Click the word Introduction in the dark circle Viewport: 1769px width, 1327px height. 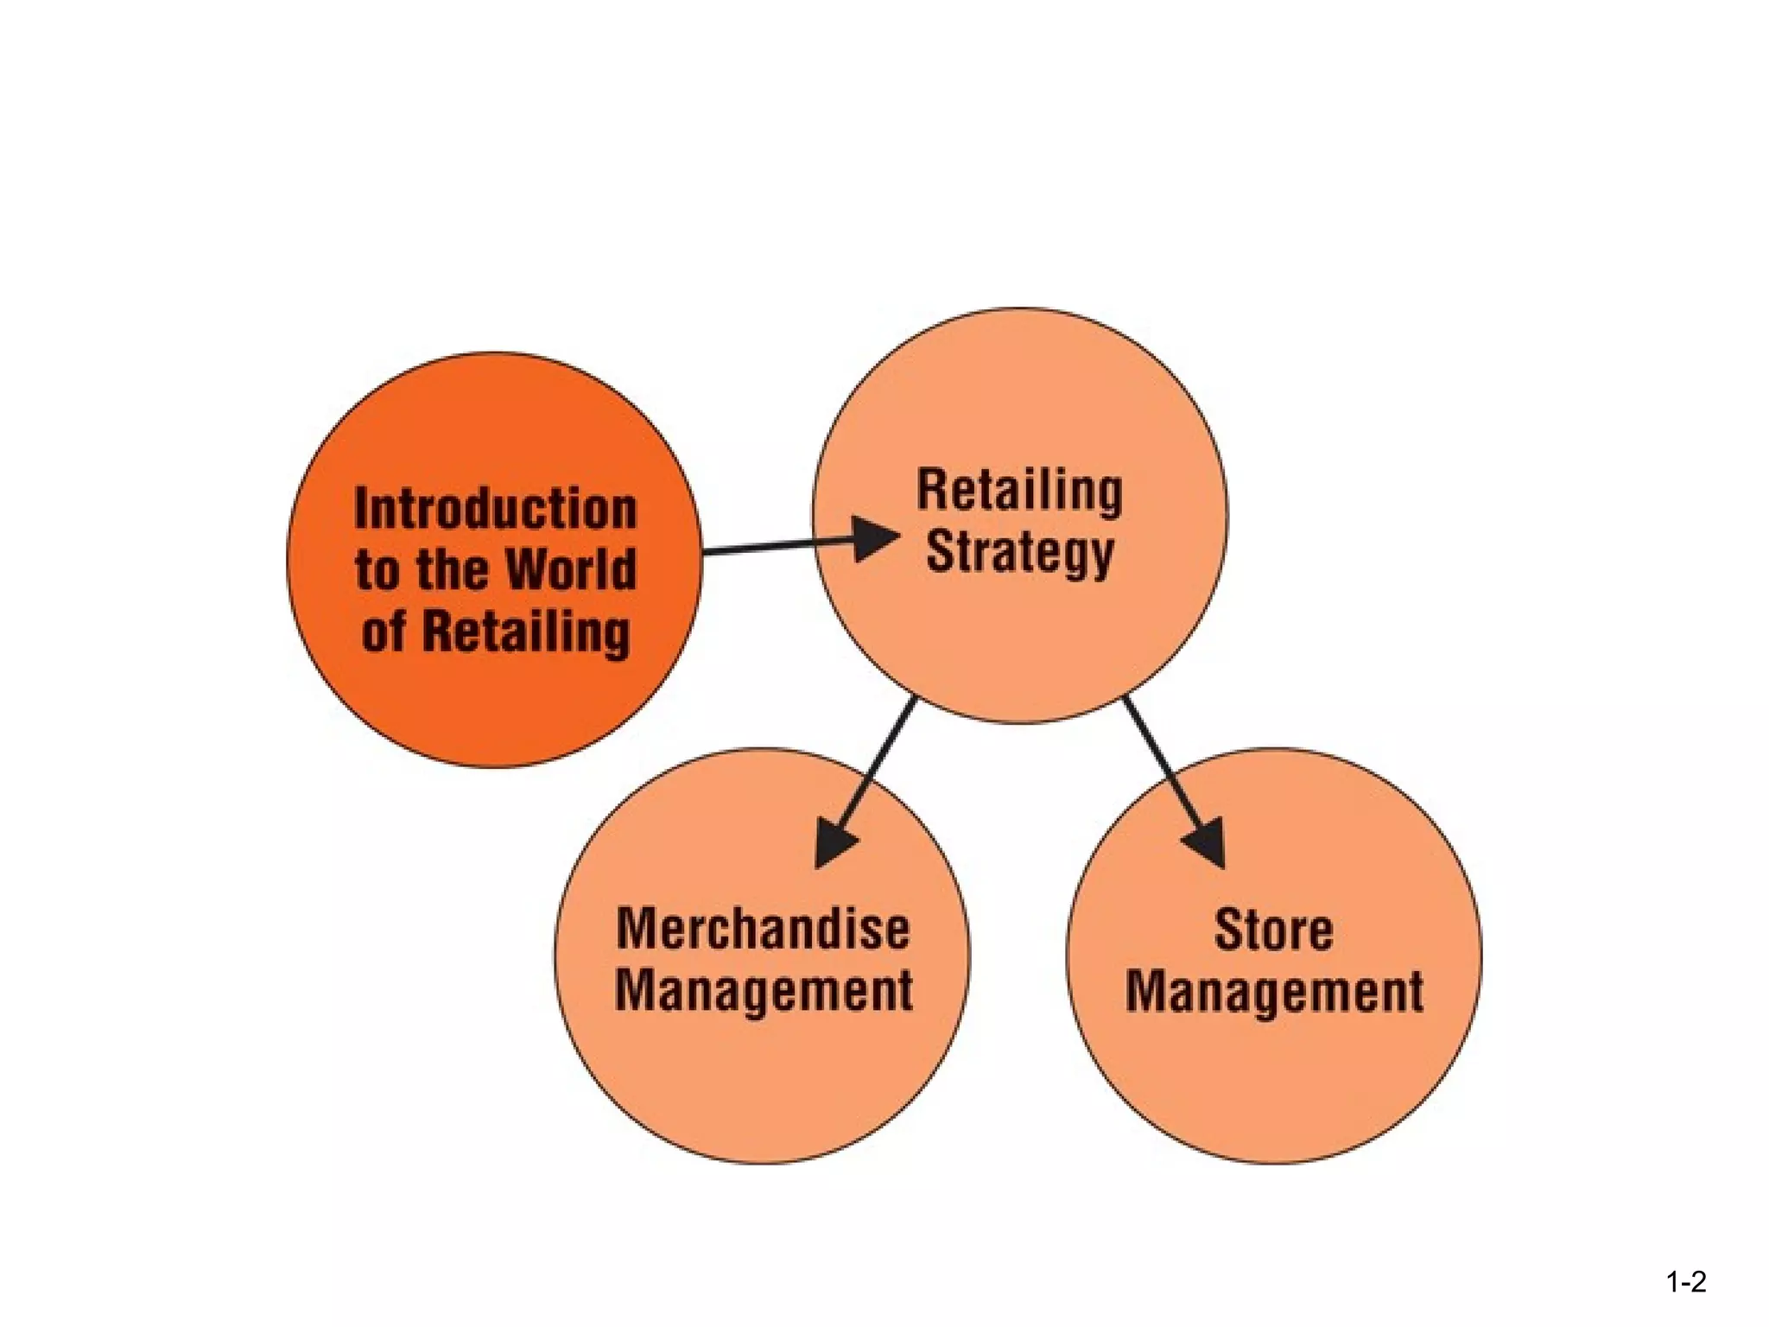tap(495, 509)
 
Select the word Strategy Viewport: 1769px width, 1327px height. tap(1019, 552)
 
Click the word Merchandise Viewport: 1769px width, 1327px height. tap(763, 930)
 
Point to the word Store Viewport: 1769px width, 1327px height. tap(1273, 930)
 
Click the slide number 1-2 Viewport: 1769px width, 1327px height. tap(1685, 1282)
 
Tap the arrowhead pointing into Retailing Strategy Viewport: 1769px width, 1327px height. tap(874, 539)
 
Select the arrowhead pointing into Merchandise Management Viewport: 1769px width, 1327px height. tap(832, 844)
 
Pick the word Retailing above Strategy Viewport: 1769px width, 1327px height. tap(1019, 491)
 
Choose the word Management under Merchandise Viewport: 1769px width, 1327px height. tap(764, 990)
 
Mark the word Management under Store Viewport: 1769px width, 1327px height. tap(1274, 991)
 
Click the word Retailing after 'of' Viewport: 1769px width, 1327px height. tap(526, 632)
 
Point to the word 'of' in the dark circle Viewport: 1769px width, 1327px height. tap(383, 632)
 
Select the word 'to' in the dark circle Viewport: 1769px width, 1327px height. tap(375, 571)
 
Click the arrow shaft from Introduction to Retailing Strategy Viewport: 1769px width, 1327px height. tap(777, 547)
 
